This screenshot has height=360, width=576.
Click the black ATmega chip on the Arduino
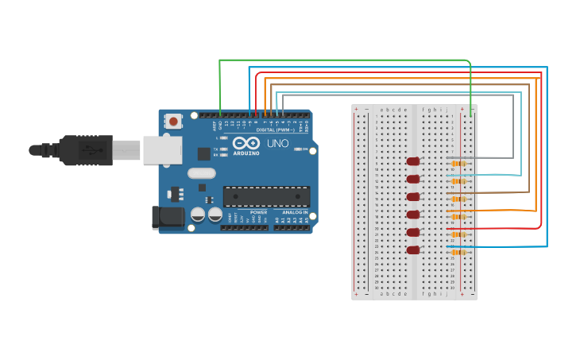pyautogui.click(x=266, y=196)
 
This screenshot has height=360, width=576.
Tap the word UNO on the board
pyautogui.click(x=277, y=144)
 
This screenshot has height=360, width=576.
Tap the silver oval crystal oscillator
pyautogui.click(x=201, y=173)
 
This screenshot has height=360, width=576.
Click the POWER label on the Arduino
pyautogui.click(x=258, y=213)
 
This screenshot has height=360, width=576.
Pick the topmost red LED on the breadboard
pyautogui.click(x=412, y=161)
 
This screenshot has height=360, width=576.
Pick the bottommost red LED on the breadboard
pyautogui.click(x=412, y=250)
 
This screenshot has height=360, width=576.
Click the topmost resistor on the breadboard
pyautogui.click(x=458, y=163)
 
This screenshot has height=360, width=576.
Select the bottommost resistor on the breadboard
pyautogui.click(x=458, y=252)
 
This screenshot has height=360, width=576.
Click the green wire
pyautogui.click(x=342, y=60)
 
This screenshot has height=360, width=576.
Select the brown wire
pyautogui.click(x=397, y=84)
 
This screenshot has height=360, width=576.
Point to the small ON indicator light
pyautogui.click(x=297, y=149)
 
